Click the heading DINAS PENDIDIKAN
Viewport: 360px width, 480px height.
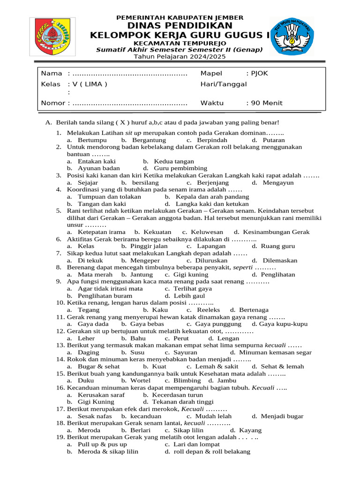(x=180, y=26)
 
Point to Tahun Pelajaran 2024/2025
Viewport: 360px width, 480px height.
(x=180, y=57)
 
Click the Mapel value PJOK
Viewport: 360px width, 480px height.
(x=259, y=74)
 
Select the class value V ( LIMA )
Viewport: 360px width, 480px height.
(x=87, y=84)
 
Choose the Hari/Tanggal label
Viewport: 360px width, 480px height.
(x=223, y=84)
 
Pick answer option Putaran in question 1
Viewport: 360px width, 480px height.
(x=273, y=140)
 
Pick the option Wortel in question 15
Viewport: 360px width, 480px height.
(x=140, y=381)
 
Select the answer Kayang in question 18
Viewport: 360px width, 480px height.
(x=250, y=430)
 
